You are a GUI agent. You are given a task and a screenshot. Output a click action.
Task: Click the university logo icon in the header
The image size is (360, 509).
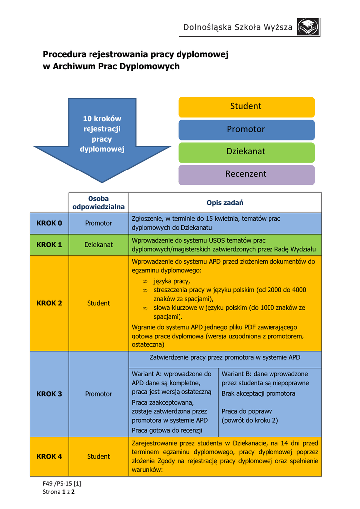[x=308, y=27]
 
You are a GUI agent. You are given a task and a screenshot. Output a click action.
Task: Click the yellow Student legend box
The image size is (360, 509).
[x=247, y=107]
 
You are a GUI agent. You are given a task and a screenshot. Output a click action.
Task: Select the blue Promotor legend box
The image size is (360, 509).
[x=247, y=130]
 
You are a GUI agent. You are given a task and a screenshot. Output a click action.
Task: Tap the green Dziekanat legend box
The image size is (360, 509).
[x=247, y=152]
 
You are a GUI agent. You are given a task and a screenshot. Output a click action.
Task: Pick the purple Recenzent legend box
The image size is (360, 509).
[x=247, y=175]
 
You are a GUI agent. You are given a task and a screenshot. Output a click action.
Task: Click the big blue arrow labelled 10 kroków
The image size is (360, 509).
[x=102, y=140]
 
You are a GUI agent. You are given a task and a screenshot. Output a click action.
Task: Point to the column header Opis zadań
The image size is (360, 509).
[x=225, y=203]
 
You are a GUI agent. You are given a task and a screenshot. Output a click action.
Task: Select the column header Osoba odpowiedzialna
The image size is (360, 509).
[x=98, y=203]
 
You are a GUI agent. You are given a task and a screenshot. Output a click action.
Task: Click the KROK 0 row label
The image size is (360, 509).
[x=49, y=223]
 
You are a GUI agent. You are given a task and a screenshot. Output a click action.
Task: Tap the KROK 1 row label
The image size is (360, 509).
[x=49, y=245]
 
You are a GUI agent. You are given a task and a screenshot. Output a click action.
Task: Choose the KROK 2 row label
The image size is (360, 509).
[x=49, y=303]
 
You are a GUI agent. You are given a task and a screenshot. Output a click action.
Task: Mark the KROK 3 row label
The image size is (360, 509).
[x=49, y=394]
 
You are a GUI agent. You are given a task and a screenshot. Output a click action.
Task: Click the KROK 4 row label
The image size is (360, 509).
[x=49, y=456]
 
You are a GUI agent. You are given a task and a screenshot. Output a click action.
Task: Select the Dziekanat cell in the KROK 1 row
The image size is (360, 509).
[x=98, y=245]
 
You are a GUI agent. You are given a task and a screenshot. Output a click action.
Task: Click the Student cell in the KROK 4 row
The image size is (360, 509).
[x=98, y=456]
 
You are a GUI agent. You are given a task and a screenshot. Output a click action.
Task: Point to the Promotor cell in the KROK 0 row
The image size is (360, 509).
[x=98, y=223]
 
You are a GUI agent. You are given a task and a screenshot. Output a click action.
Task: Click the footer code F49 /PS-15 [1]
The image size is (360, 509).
[x=62, y=483]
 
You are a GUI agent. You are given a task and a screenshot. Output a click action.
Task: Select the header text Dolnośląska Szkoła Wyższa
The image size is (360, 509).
[x=238, y=27]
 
